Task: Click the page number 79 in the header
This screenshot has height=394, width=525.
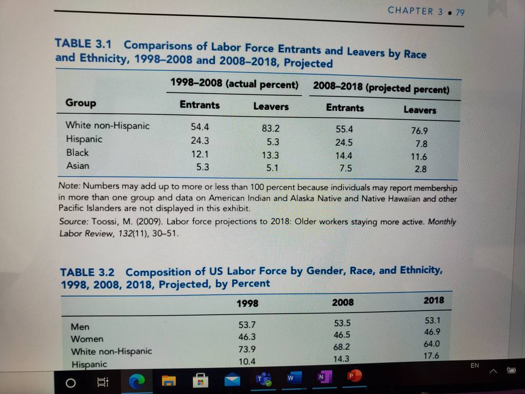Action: [x=460, y=12]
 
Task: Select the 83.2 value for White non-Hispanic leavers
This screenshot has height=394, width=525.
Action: [x=271, y=128]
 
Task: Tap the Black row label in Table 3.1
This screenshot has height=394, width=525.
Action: [x=77, y=152]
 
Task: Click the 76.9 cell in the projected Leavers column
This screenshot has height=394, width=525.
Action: [x=419, y=130]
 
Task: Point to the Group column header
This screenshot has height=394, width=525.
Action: [x=80, y=103]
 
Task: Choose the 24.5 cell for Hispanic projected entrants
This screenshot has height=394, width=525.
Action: [x=344, y=143]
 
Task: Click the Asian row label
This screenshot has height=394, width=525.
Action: [x=78, y=166]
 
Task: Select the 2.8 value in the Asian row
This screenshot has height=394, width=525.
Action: [x=420, y=169]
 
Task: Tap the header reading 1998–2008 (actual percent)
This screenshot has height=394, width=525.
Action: [x=234, y=84]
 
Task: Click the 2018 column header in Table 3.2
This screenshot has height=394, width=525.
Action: [x=434, y=300]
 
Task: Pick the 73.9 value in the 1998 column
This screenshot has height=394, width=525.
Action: [x=247, y=349]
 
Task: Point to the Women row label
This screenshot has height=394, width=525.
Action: [x=87, y=339]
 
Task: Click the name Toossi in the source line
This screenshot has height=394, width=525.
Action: [x=105, y=222]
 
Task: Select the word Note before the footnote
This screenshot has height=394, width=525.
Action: [x=69, y=186]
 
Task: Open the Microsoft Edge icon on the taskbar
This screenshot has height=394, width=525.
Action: [x=136, y=381]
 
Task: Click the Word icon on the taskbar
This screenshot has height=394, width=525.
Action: [x=294, y=378]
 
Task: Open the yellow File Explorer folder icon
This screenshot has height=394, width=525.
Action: [x=169, y=381]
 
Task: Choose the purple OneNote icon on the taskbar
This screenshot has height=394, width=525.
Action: [x=324, y=377]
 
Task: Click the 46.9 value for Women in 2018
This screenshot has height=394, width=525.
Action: [x=432, y=332]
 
